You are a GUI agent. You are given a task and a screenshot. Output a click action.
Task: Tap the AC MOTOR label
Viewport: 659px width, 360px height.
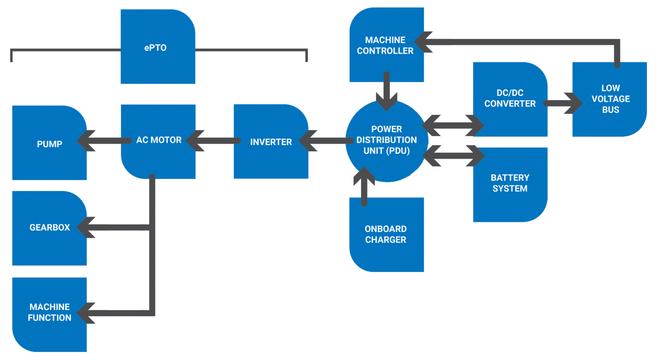(158, 140)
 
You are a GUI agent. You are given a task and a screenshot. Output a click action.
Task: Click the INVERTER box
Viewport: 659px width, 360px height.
(271, 142)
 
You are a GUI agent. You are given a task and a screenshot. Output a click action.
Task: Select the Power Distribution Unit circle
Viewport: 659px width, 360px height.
(386, 140)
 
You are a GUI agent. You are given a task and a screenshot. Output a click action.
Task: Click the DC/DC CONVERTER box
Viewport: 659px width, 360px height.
(510, 99)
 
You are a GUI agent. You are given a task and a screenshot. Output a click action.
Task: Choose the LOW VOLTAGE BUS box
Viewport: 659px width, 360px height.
(610, 99)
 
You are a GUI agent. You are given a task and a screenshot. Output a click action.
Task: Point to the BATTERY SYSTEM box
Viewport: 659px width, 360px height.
(510, 184)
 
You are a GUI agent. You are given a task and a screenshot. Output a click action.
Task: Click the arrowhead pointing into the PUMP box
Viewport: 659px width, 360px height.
(85, 141)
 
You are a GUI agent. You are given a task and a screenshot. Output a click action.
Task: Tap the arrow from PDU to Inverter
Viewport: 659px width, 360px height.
(326, 141)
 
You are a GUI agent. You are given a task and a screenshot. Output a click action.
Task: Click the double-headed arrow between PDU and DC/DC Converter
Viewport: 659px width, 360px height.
(453, 125)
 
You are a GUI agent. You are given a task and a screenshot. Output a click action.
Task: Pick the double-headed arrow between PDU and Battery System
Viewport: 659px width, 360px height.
(453, 156)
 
